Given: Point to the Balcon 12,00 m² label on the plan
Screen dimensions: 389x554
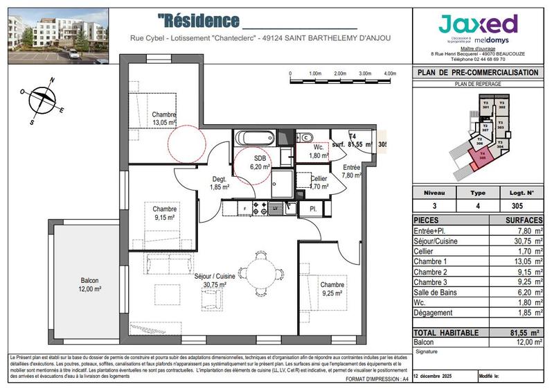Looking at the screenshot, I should (x=89, y=284).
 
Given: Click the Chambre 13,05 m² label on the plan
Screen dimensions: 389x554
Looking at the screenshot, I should (x=165, y=119).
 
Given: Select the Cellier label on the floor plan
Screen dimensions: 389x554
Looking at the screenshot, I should (x=319, y=182).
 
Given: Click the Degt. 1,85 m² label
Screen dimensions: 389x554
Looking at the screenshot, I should (x=220, y=184).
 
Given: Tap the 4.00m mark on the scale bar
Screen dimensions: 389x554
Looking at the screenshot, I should (x=390, y=73).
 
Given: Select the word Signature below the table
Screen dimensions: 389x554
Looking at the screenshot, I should (x=427, y=352).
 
